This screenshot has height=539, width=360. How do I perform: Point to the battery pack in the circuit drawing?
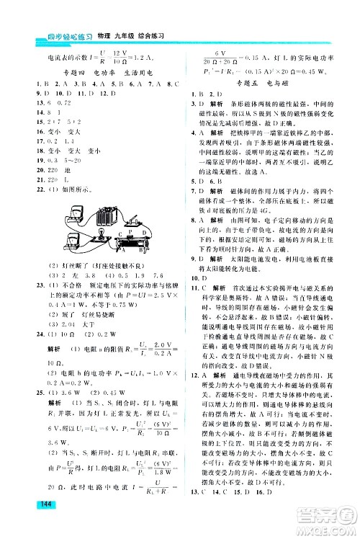coord(106,215)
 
